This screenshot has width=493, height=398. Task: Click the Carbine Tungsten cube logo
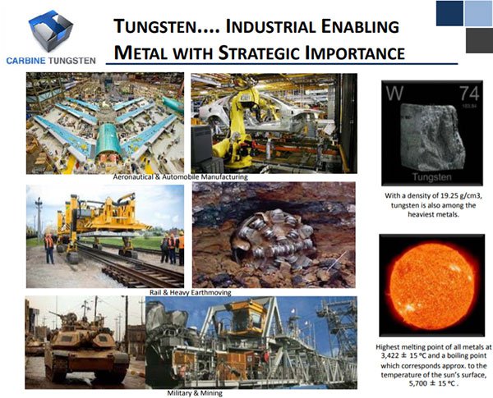[x=51, y=30]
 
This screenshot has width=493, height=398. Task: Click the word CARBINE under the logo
[x=25, y=61]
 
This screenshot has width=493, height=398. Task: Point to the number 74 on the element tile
[x=470, y=93]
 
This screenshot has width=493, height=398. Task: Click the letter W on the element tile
[x=394, y=93]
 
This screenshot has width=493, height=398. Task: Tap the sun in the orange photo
[x=431, y=286]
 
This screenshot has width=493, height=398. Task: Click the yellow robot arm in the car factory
[x=239, y=126]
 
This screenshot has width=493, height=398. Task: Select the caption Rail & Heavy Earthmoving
[x=191, y=292]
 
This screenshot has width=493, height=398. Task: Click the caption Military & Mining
[x=195, y=393]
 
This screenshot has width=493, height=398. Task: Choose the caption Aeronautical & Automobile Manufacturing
[x=181, y=177]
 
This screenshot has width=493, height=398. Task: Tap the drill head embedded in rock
[x=273, y=238]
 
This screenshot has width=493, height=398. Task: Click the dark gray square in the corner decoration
[x=479, y=40]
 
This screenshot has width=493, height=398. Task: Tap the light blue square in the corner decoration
[x=478, y=13]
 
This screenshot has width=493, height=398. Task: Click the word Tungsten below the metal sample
[x=431, y=177]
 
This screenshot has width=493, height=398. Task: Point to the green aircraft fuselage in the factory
[x=108, y=140]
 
